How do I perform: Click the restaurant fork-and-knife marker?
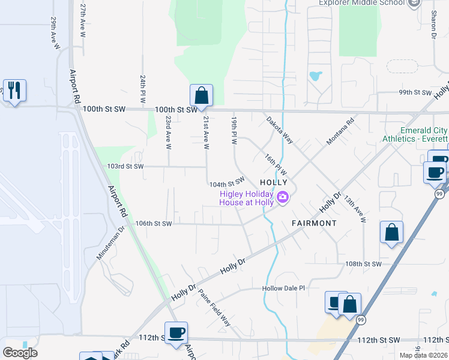(14, 91)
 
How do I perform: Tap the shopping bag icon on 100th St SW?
(201, 95)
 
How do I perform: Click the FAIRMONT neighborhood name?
(314, 223)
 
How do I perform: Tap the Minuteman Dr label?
(110, 242)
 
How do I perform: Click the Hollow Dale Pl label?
(283, 288)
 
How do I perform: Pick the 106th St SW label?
(154, 223)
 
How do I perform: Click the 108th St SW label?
(364, 263)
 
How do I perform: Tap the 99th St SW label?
(415, 93)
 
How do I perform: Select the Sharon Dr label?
(433, 24)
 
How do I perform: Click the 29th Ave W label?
(53, 29)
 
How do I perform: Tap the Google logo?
(20, 353)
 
